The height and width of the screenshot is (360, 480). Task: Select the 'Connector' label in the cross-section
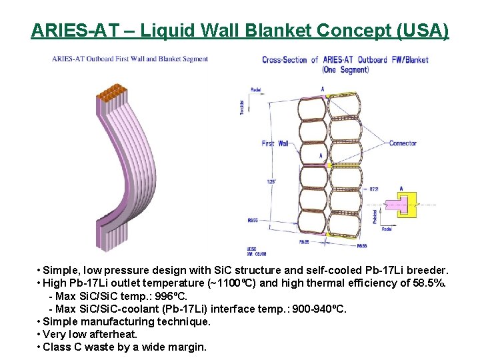click(x=403, y=143)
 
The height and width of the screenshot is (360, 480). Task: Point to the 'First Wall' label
click(x=276, y=143)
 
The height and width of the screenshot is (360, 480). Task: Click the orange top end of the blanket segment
click(x=113, y=92)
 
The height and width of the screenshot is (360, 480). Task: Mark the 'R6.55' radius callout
click(x=253, y=219)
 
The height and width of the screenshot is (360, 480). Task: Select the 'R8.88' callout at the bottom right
click(x=361, y=246)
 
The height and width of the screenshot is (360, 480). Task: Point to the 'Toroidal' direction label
click(x=241, y=107)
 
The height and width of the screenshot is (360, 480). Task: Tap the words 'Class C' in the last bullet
click(x=61, y=347)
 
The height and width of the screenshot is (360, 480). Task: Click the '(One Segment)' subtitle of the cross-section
click(x=345, y=69)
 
